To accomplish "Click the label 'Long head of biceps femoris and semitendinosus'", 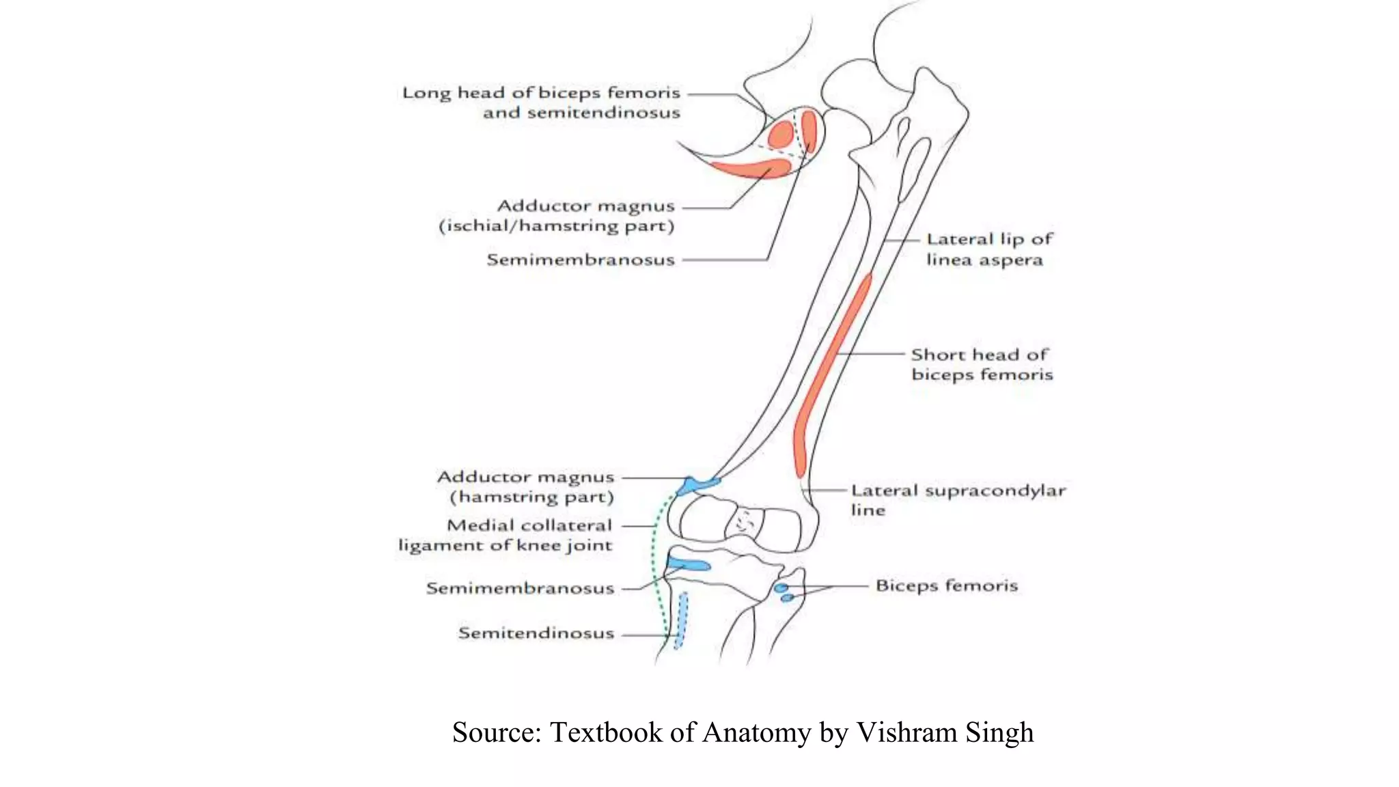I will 541,102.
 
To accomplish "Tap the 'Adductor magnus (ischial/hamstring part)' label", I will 556,216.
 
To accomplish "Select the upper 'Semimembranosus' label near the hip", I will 581,260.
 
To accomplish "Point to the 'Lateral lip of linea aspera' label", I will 989,249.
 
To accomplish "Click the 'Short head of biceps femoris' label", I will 982,364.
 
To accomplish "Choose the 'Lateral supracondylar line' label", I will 958,500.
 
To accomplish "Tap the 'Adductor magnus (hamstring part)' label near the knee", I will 526,486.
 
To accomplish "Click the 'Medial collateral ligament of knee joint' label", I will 506,535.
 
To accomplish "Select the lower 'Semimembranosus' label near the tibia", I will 521,588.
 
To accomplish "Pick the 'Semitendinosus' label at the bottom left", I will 536,633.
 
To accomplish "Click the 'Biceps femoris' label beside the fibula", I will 947,585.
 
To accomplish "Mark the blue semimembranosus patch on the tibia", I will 689,564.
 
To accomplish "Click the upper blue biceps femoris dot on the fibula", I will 781,588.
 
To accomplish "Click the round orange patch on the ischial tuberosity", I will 780,135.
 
